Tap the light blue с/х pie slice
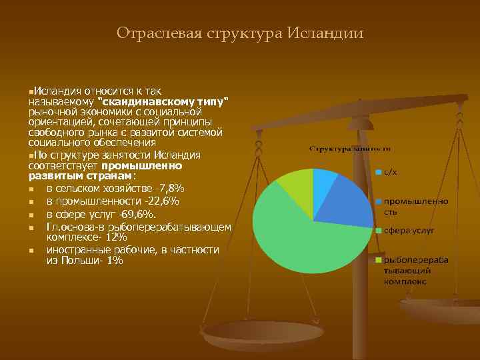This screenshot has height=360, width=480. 324,182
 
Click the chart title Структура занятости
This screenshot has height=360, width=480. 349,148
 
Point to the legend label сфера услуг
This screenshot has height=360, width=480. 408,230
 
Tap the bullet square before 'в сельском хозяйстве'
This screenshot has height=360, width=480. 31,189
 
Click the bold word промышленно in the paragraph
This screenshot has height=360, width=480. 141,165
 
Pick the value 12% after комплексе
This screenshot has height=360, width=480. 115,237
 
